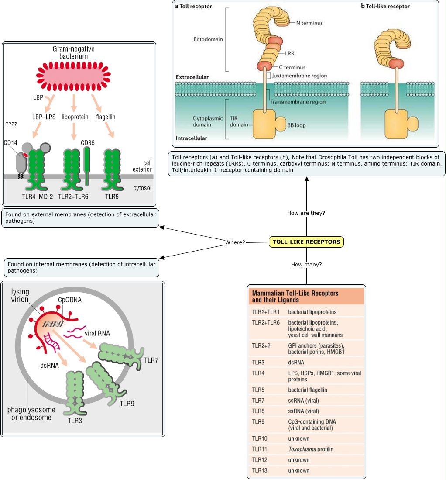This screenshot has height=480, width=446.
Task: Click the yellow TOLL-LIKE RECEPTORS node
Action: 306,242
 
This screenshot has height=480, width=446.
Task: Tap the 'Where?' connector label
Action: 235,242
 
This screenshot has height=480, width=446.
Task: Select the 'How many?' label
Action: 306,265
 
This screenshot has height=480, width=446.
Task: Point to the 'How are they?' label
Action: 306,213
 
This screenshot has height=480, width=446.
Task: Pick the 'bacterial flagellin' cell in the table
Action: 308,390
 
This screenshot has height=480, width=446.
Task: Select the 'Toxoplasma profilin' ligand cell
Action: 311,449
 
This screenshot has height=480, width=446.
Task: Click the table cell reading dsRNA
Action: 296,362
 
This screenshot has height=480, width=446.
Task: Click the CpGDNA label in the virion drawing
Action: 70,300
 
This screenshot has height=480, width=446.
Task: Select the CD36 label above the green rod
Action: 88,142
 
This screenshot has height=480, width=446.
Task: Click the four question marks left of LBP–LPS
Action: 11,124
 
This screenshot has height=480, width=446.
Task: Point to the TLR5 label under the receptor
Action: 112,197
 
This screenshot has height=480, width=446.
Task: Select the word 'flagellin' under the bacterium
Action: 107,117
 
